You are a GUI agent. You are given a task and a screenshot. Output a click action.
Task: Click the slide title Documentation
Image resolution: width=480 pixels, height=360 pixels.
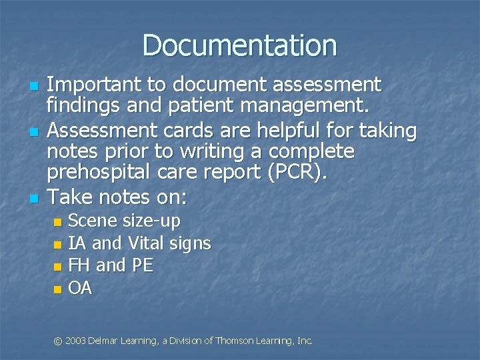pyautogui.click(x=239, y=45)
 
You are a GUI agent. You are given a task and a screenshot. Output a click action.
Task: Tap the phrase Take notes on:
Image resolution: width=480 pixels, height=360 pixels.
pyautogui.click(x=118, y=197)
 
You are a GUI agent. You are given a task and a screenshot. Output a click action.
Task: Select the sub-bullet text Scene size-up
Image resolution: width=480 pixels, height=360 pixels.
pyautogui.click(x=124, y=221)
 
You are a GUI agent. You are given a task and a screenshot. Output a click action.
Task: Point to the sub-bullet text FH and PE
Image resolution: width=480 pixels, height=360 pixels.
pyautogui.click(x=111, y=265)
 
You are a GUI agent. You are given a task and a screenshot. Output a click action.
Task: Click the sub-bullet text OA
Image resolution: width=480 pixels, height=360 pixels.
pyautogui.click(x=80, y=288)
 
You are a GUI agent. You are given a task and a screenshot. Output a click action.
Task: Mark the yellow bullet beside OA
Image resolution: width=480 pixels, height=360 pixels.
pyautogui.click(x=57, y=289)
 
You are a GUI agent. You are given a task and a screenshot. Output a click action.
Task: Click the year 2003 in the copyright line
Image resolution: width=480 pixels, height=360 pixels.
pyautogui.click(x=76, y=341)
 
